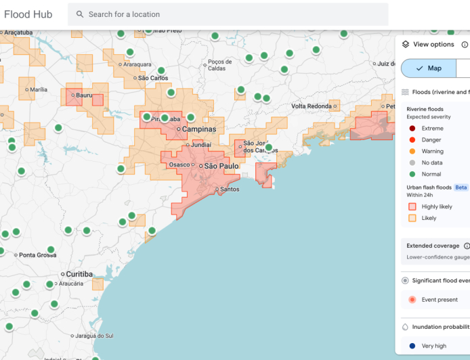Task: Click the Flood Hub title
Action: (28, 14)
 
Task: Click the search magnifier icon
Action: (80, 14)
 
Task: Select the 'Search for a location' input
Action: (230, 14)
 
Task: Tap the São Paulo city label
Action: (221, 166)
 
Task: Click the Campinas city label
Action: (199, 129)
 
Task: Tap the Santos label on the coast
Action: (230, 189)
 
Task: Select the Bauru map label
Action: (84, 95)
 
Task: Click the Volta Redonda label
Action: (312, 106)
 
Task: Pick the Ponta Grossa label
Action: (38, 255)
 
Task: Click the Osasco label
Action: (179, 165)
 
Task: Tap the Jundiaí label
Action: (201, 145)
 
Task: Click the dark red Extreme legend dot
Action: (412, 129)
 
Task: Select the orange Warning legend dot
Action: (412, 152)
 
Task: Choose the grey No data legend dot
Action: (412, 163)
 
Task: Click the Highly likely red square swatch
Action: (412, 207)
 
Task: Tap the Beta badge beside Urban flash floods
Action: (461, 187)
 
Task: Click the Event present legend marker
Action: (412, 300)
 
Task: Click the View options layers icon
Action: (406, 44)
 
